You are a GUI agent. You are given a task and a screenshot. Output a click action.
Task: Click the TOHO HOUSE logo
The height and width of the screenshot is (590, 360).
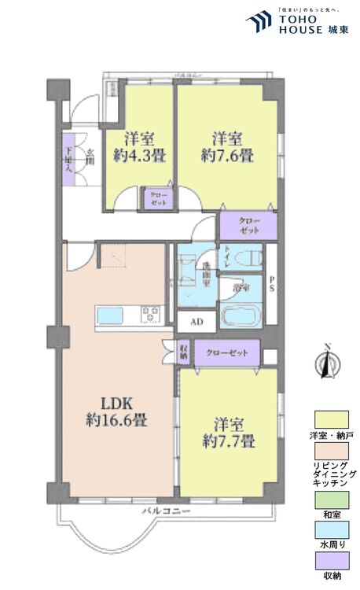click(x=294, y=23)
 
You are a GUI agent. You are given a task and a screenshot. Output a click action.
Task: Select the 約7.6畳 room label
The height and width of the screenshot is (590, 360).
click(x=226, y=146)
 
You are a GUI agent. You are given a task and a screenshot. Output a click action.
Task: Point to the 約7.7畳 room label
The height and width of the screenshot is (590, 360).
click(x=228, y=431)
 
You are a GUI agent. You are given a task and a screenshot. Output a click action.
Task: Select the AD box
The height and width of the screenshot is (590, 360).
click(x=197, y=321)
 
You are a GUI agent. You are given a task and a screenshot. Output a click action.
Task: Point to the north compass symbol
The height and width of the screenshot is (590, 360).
click(x=327, y=365)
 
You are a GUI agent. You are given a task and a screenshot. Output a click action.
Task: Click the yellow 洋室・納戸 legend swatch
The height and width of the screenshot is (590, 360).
click(x=332, y=419)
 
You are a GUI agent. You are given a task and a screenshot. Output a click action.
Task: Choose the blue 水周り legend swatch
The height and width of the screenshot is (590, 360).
click(x=332, y=531)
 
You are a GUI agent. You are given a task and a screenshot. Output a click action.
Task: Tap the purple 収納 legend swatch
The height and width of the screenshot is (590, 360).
click(x=332, y=561)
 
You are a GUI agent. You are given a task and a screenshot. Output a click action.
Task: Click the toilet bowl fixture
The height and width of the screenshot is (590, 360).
click(x=250, y=259)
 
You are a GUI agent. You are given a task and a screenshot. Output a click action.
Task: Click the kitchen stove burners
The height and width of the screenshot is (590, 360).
click(x=151, y=315)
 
